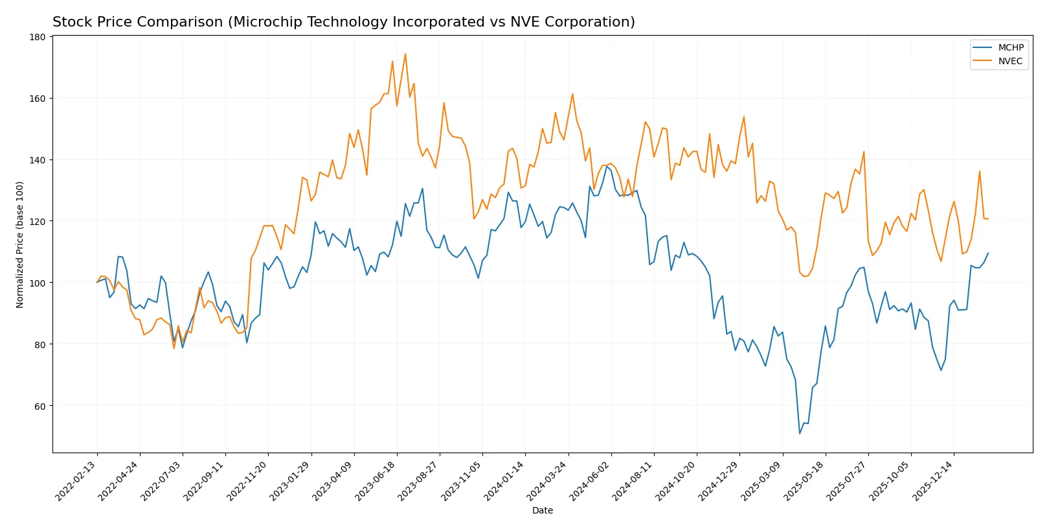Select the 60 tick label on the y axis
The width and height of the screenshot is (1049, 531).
coord(39,406)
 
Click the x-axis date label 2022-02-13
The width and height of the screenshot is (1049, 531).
coord(77,480)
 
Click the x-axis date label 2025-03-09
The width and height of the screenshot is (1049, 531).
coord(762,480)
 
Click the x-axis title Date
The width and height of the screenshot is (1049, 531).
coord(542,510)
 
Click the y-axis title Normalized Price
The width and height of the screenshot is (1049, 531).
coord(20,244)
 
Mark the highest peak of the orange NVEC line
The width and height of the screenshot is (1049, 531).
coord(405,54)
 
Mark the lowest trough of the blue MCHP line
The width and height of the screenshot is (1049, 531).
coord(800,434)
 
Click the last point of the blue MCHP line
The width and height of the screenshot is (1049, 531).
coord(988,253)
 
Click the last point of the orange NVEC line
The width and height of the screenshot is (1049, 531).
coord(988,218)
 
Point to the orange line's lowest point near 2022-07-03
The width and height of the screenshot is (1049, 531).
coord(174,348)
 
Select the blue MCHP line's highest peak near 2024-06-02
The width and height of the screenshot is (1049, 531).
coord(607,167)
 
